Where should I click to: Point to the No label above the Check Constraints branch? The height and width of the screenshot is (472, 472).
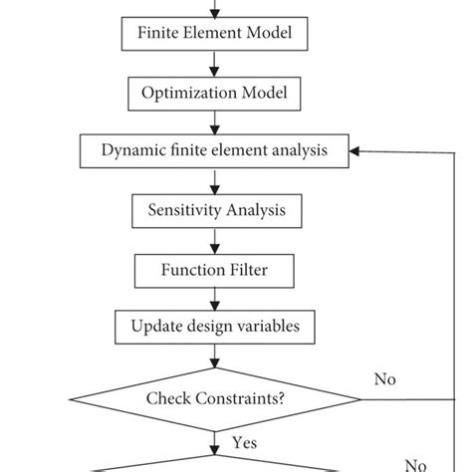pyautogui.click(x=384, y=378)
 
